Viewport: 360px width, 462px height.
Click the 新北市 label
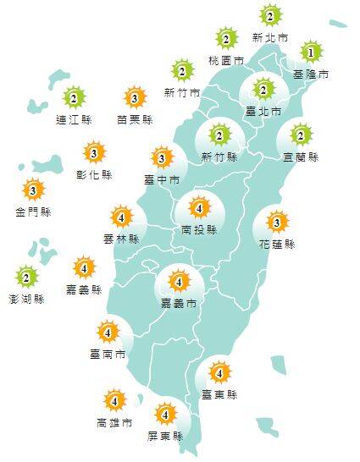[269, 38]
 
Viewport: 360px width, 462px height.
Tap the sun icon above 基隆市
[311, 53]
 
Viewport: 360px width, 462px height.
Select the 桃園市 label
[226, 61]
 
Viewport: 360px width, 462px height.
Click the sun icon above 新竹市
[181, 70]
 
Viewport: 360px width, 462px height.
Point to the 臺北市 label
[262, 112]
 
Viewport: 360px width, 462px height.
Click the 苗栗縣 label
[135, 120]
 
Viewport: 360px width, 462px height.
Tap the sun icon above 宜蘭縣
[302, 135]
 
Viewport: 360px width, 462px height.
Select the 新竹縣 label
[219, 157]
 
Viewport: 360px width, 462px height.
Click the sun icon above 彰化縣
[95, 153]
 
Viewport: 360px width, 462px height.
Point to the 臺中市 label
[162, 179]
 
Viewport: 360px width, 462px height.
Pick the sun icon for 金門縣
[33, 190]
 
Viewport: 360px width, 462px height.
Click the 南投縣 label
[199, 229]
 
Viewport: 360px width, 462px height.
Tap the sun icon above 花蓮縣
[276, 223]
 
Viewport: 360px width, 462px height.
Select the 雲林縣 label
[122, 239]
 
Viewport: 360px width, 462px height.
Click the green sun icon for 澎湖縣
[27, 277]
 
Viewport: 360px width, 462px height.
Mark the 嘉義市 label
[179, 302]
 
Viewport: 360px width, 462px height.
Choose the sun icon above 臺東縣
[219, 371]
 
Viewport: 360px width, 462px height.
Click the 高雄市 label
[114, 421]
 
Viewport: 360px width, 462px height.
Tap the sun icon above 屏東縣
[165, 415]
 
